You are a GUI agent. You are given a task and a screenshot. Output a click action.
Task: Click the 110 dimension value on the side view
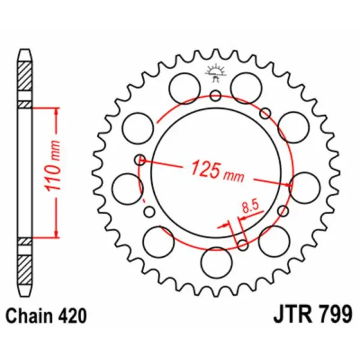click(x=52, y=174)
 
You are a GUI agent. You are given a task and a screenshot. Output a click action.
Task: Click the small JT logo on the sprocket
click(x=215, y=73)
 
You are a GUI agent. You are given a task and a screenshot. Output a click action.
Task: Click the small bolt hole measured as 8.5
click(x=242, y=244)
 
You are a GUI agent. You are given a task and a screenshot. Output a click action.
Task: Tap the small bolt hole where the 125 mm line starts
click(x=140, y=160)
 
